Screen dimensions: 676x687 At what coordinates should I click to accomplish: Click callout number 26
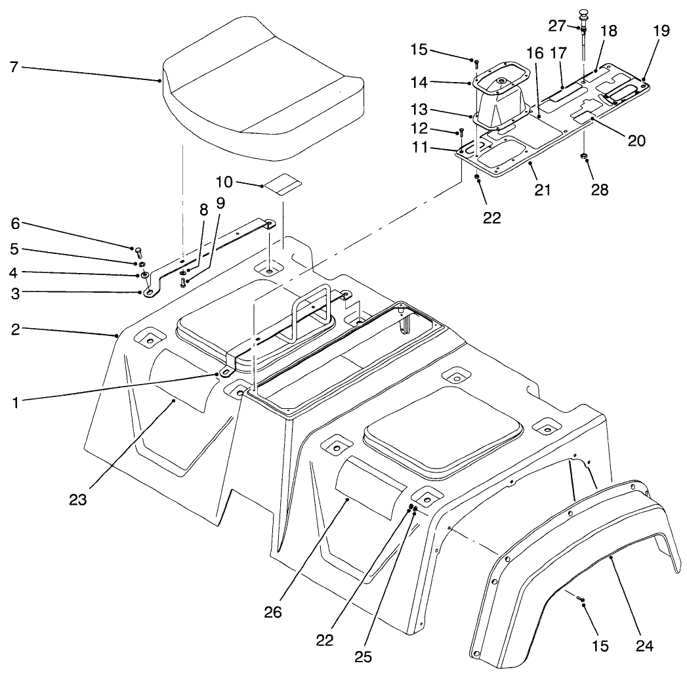click(x=273, y=612)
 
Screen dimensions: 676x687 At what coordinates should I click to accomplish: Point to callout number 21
click(x=542, y=190)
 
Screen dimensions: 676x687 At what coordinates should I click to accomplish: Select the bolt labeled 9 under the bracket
click(x=184, y=282)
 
